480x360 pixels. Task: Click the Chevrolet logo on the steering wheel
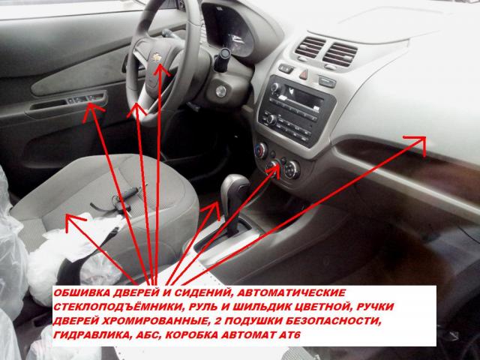tap(157, 57)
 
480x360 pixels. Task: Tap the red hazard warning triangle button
tap(303, 74)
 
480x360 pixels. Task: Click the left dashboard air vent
tap(310, 47)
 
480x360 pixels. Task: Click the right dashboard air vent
tap(340, 55)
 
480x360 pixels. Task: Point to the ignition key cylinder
tap(220, 91)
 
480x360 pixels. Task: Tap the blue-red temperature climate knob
tap(261, 150)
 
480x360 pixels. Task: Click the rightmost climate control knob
tap(292, 169)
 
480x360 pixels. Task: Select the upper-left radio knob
tap(275, 88)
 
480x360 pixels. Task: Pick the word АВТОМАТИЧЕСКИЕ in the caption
tap(292, 292)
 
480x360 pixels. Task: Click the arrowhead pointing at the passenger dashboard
tap(418, 142)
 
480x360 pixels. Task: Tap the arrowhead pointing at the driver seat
tap(74, 221)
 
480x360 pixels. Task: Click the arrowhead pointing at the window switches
tap(92, 112)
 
